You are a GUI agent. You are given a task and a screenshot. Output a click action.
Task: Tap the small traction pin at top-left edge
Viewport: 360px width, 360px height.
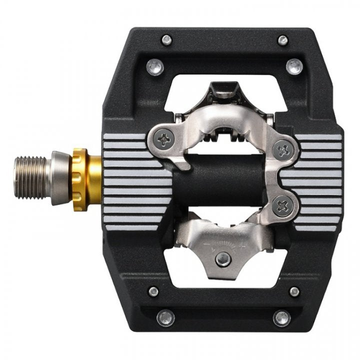pos(166,39)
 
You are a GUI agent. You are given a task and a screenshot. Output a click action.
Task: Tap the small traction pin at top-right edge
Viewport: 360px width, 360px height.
pos(283,39)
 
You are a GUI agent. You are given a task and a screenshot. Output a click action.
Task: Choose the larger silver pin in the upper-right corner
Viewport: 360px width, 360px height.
pos(294,65)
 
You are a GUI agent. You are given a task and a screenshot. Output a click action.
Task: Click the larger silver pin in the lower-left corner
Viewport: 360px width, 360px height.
pos(165,317)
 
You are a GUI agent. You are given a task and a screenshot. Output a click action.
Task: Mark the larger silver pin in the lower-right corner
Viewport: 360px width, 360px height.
pos(282,317)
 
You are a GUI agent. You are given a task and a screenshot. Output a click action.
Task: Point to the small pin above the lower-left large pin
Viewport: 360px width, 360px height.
pos(153,291)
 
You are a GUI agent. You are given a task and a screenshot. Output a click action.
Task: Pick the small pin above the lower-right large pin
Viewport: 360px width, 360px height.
pos(294,291)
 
